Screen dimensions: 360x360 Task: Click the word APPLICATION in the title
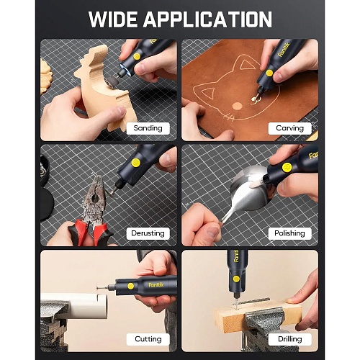[x=207, y=19]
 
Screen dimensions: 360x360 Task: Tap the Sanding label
[x=148, y=128]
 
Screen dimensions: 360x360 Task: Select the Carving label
[x=290, y=128]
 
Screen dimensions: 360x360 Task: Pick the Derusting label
[x=148, y=233]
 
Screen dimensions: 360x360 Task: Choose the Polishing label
[x=289, y=233]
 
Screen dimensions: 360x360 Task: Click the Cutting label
[x=148, y=339]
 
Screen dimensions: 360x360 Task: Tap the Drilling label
[x=290, y=339]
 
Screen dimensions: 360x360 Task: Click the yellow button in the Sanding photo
[x=137, y=57]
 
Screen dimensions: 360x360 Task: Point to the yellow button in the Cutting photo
[x=131, y=286]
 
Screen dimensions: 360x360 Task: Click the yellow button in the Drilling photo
[x=236, y=279]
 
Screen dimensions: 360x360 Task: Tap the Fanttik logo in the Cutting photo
[x=156, y=285]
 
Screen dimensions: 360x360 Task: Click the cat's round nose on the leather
[x=238, y=106]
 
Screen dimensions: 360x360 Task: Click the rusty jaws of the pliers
[x=95, y=197]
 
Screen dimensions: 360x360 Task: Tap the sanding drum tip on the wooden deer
[x=111, y=81]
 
